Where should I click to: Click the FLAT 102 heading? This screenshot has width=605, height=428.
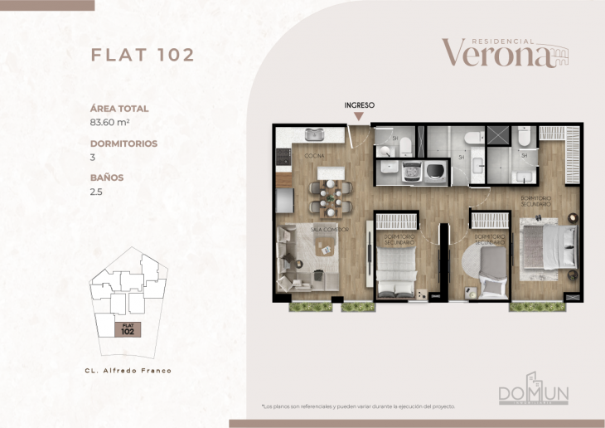[142, 56]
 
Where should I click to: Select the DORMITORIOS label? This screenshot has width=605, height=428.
[123, 143]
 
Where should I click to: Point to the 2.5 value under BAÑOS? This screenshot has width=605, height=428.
[97, 192]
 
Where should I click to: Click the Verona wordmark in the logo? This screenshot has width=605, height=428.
[496, 53]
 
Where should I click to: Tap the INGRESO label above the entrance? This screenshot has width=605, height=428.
[360, 105]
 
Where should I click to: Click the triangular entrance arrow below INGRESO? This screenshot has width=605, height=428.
[360, 118]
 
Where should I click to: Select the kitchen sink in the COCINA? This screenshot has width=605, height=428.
[313, 134]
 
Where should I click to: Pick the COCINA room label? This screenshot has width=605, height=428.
[313, 156]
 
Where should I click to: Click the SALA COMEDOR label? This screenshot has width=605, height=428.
[329, 228]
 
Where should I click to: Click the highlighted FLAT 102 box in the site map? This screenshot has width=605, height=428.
[127, 328]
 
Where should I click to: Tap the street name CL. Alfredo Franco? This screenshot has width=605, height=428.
[128, 371]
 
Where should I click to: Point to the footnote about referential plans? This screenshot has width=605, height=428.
[358, 406]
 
